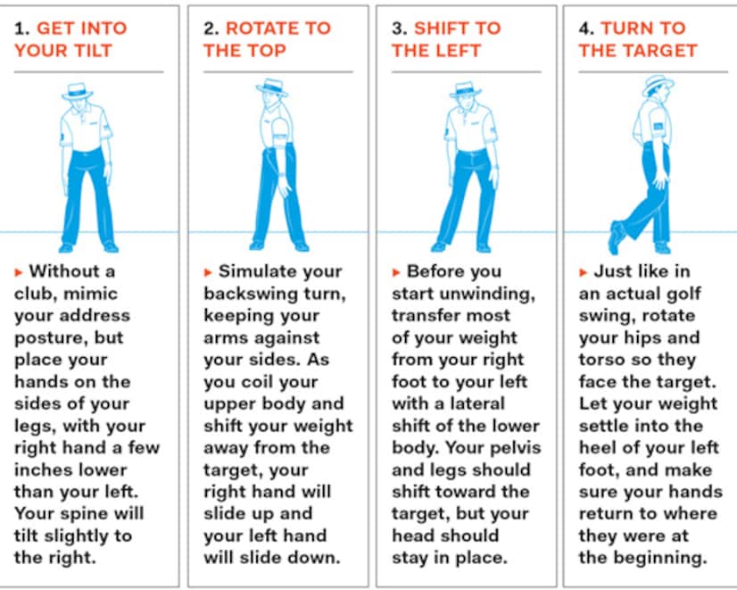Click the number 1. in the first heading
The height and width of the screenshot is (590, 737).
tap(21, 28)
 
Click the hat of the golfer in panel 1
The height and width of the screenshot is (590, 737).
tap(77, 90)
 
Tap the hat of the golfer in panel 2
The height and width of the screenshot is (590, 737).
tap(270, 87)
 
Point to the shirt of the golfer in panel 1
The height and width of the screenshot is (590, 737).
tap(87, 129)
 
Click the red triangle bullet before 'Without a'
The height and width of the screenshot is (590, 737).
tap(20, 271)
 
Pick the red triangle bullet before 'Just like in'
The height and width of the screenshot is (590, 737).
tap(584, 271)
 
